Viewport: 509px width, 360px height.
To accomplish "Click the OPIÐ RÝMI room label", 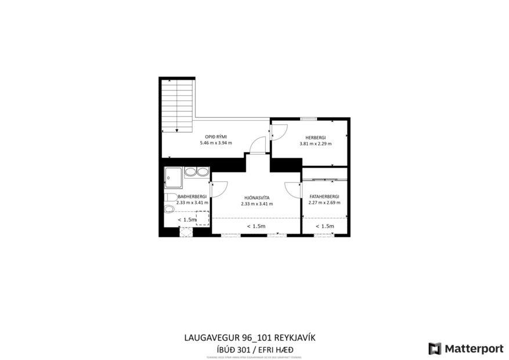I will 215,136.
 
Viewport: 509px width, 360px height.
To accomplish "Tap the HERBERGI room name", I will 315,137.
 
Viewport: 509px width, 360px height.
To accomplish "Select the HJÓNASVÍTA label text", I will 256,197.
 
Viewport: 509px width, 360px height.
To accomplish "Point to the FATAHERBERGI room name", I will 324,196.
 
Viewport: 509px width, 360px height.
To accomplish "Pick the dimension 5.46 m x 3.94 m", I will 215,143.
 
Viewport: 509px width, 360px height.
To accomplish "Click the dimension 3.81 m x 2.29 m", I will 315,143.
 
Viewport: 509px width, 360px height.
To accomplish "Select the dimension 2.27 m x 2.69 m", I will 324,203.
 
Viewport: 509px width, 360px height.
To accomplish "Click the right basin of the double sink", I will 201,172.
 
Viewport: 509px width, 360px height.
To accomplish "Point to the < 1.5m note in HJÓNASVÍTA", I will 256,226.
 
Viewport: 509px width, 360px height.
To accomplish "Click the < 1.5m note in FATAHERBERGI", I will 324,226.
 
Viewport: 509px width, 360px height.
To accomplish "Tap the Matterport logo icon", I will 434,348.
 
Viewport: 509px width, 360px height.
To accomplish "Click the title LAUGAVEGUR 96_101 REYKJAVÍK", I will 250,337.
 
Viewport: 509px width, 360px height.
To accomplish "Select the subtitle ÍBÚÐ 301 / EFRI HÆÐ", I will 250,348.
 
